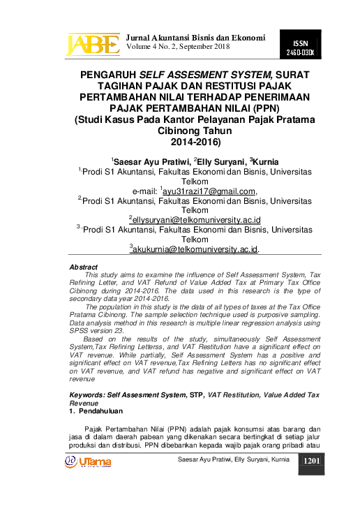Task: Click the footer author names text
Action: (x=233, y=460)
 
